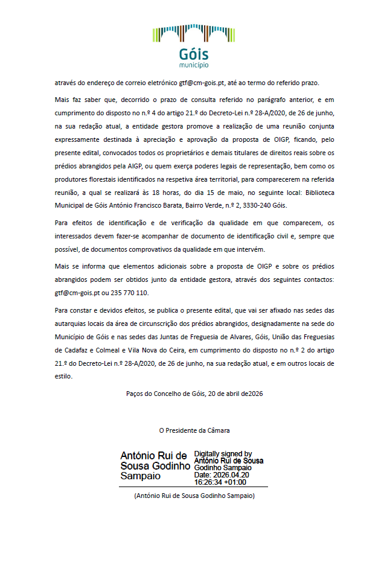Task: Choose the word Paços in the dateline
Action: point(136,393)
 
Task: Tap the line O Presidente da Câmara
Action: point(194,430)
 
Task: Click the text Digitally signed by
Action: point(223,454)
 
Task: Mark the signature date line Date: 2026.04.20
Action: point(222,475)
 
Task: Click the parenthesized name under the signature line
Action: point(194,496)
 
